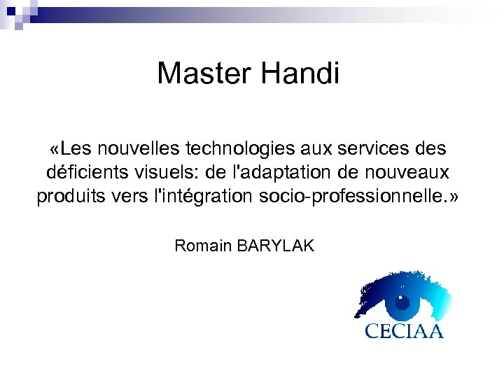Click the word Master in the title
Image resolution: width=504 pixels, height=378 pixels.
(203, 73)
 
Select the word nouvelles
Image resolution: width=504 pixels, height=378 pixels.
(140, 149)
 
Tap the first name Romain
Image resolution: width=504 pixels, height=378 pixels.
(204, 246)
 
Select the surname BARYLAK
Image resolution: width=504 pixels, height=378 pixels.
(276, 246)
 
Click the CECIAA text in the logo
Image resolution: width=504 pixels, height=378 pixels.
(404, 330)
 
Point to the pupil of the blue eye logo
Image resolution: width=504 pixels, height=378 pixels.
(402, 303)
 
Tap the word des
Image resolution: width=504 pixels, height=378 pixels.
(433, 149)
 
